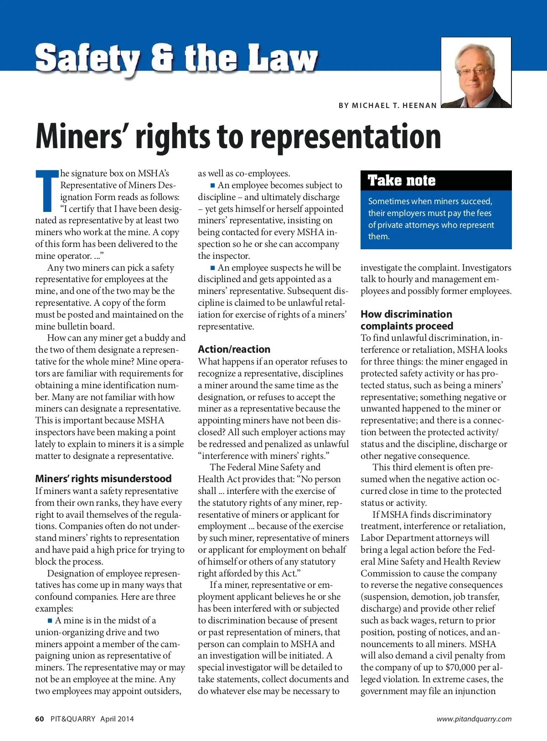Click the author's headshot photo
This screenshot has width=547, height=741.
pyautogui.click(x=476, y=72)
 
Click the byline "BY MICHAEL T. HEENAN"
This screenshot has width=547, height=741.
pyautogui.click(x=387, y=105)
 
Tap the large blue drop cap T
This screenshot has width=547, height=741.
pyautogui.click(x=47, y=190)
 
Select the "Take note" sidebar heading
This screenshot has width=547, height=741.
pyautogui.click(x=402, y=180)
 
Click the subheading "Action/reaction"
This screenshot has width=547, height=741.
pyautogui.click(x=234, y=349)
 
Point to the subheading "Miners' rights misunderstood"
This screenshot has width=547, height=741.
pyautogui.click(x=103, y=479)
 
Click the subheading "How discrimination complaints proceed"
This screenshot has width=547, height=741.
pyautogui.click(x=407, y=320)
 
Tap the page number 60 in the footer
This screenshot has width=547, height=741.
pyautogui.click(x=40, y=719)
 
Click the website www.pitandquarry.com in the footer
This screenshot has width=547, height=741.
pyautogui.click(x=474, y=719)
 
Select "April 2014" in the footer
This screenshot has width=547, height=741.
pyautogui.click(x=117, y=719)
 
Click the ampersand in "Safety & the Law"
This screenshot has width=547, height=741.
pyautogui.click(x=162, y=58)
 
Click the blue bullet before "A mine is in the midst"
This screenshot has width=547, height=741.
pyautogui.click(x=50, y=621)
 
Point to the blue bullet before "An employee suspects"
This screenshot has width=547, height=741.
pyautogui.click(x=212, y=268)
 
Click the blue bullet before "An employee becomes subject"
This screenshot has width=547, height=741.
pyautogui.click(x=212, y=185)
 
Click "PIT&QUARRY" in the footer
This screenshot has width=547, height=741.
pyautogui.click(x=73, y=719)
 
